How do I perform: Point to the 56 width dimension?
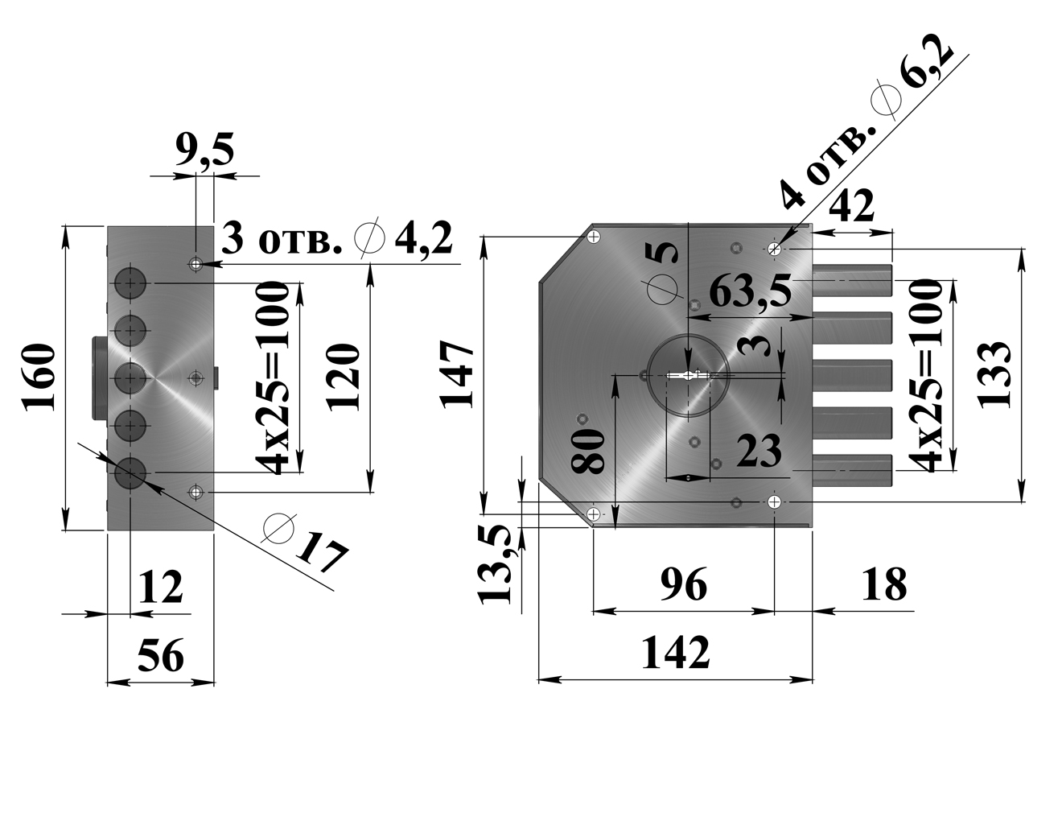tap(161, 656)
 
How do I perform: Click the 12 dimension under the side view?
tap(161, 587)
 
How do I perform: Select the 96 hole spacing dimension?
tap(684, 584)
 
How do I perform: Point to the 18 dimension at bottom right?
tap(883, 584)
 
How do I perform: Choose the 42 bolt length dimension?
tap(851, 207)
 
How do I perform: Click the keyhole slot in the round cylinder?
tap(689, 375)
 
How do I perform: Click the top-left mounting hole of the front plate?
tap(595, 236)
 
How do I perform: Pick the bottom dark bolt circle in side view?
tap(130, 472)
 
